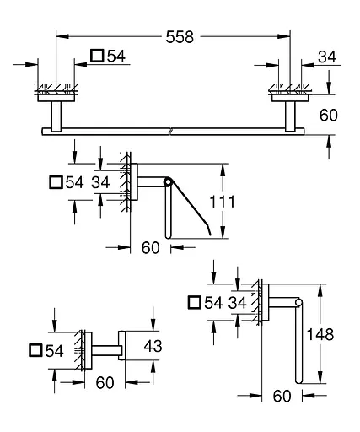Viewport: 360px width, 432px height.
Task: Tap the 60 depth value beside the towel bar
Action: pos(329,115)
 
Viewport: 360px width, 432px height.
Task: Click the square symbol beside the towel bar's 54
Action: pos(97,57)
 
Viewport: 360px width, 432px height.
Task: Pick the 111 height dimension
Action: pos(239,202)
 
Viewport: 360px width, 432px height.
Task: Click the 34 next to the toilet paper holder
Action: pos(100,181)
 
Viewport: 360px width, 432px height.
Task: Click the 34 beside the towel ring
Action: pos(239,302)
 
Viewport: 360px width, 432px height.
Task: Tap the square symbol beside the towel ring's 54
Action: pos(195,302)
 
